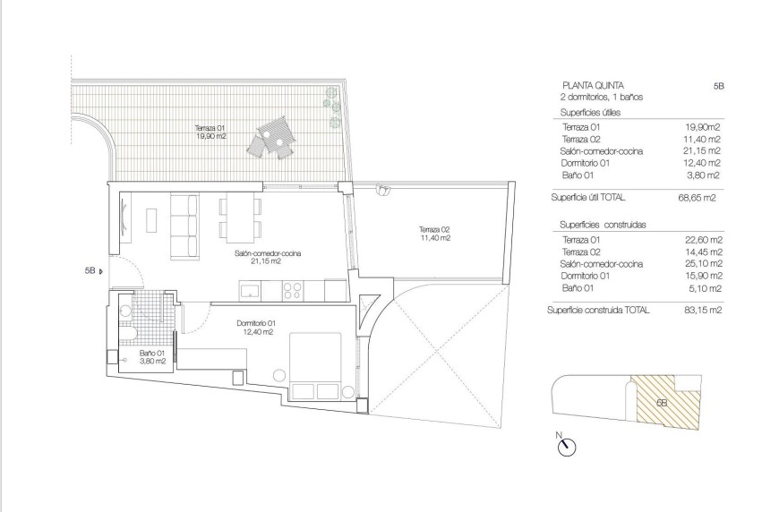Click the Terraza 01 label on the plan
[210, 132]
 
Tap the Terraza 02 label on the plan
[436, 233]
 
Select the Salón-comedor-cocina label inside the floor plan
[268, 257]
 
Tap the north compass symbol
[566, 447]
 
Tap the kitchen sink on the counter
[250, 289]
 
